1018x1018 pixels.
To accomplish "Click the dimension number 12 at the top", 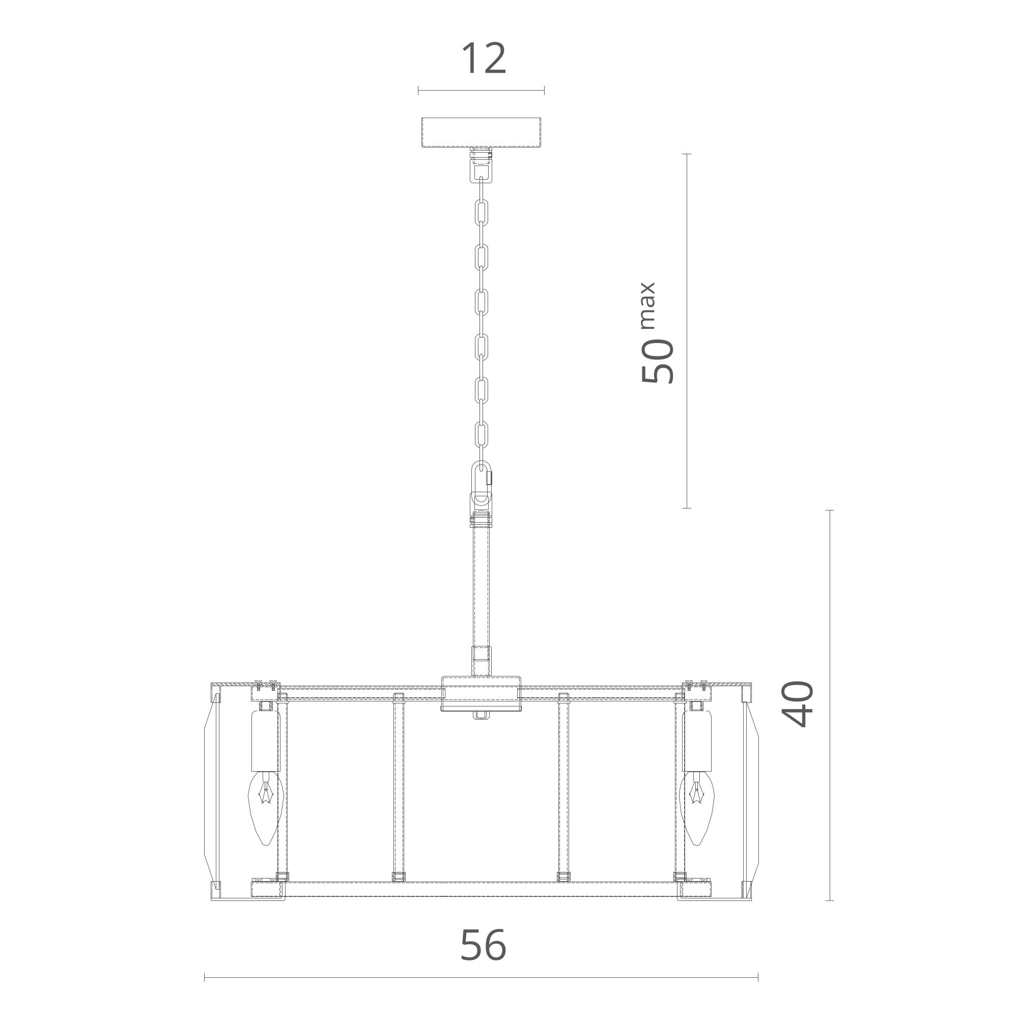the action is pyautogui.click(x=484, y=59).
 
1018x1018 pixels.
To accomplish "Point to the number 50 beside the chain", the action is pyautogui.click(x=657, y=361).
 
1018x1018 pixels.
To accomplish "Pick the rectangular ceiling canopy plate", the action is pyautogui.click(x=482, y=132).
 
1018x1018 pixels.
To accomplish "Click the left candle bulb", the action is pyautogui.click(x=266, y=815).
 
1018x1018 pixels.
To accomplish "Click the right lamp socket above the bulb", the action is pyautogui.click(x=698, y=747).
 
